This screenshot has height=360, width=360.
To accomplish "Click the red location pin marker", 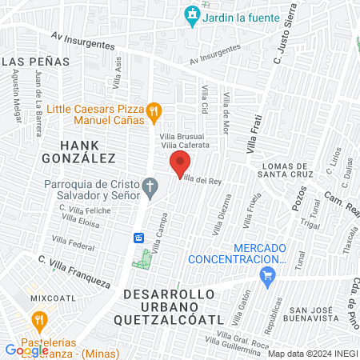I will (x=178, y=165).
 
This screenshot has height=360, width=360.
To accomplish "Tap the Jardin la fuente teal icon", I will (x=192, y=14).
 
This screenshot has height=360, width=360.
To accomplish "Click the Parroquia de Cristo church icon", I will (x=150, y=190).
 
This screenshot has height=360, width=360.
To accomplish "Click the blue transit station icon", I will (x=138, y=238).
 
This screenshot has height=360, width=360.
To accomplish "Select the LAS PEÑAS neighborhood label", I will (x=29, y=61).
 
